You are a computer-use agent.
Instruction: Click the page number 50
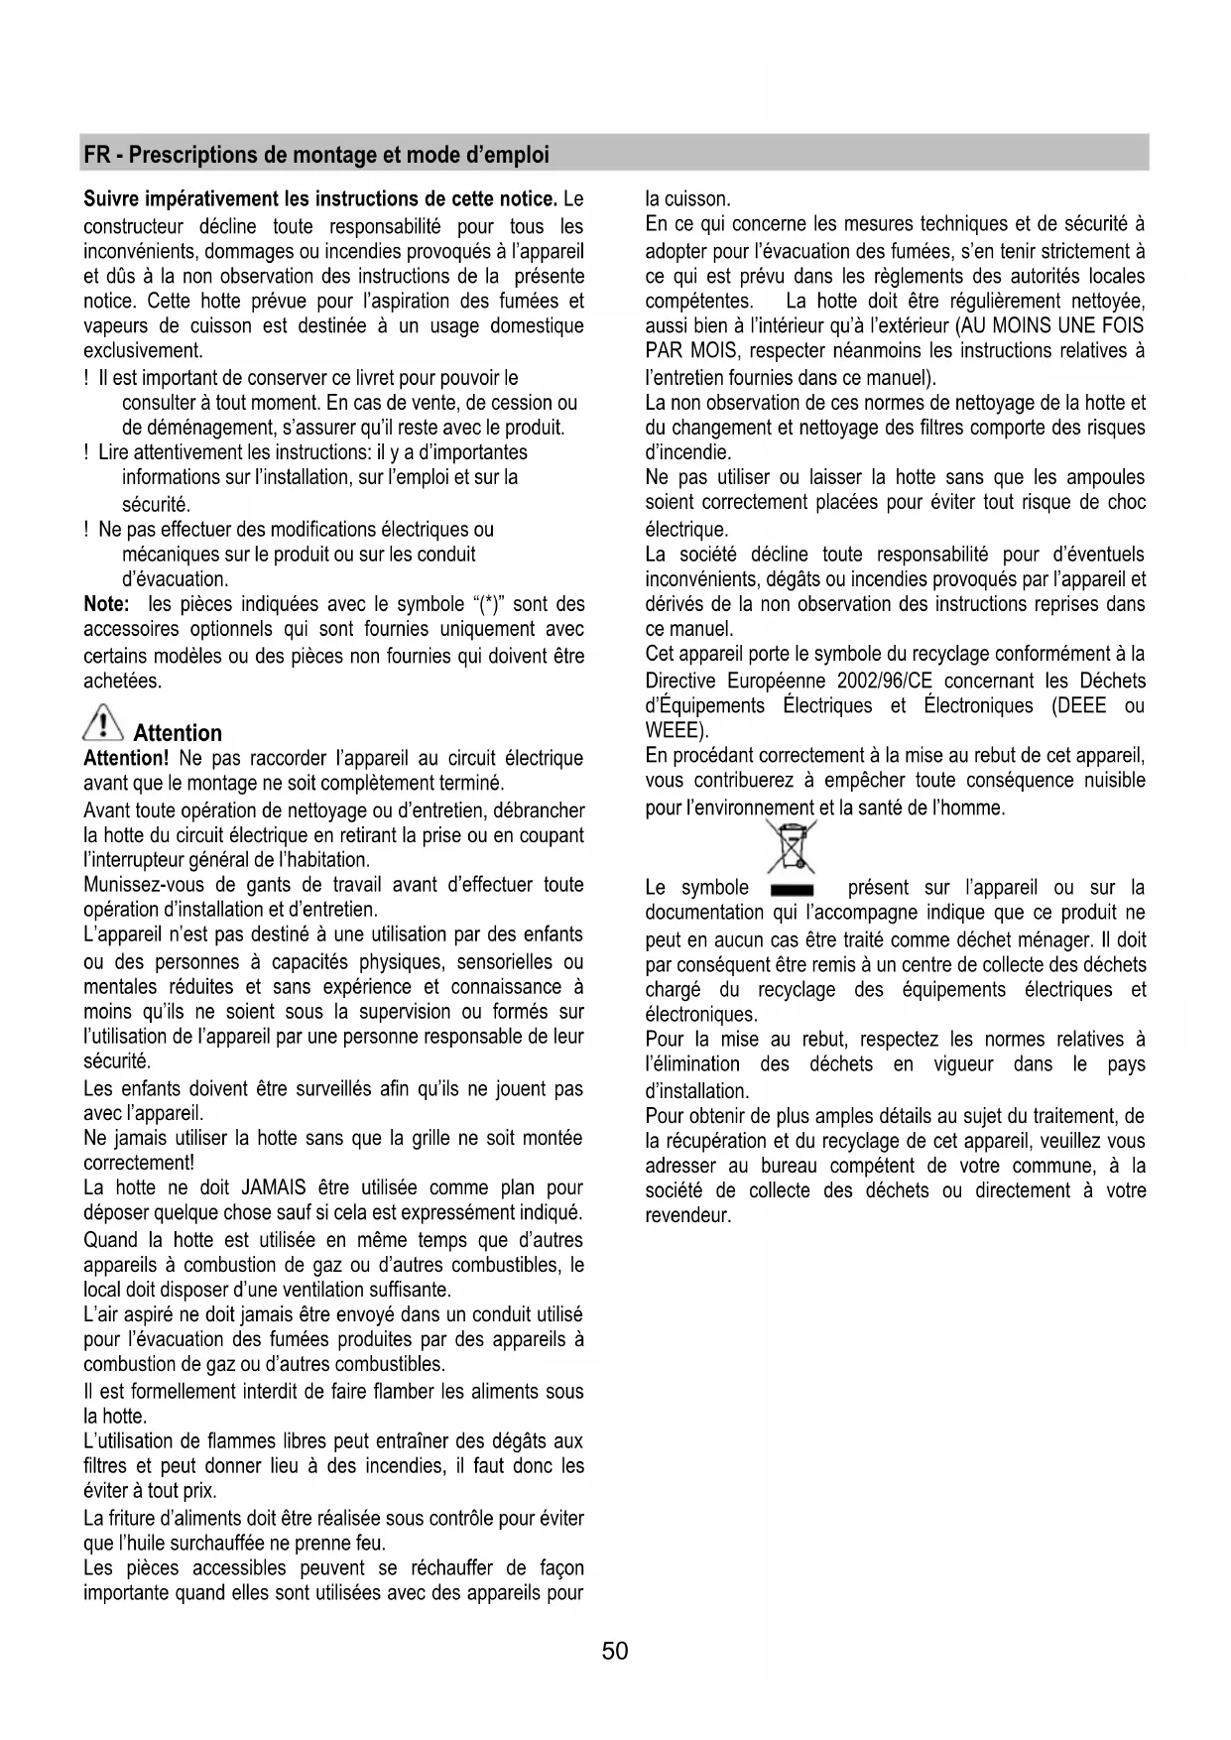click(x=615, y=1651)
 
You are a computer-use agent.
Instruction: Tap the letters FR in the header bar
click(x=96, y=155)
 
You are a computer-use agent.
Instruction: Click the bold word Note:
click(x=106, y=604)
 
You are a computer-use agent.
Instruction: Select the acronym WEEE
click(x=674, y=732)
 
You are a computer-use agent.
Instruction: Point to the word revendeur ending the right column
click(x=687, y=1216)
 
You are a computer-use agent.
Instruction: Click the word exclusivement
click(x=143, y=351)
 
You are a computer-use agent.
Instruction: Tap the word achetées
click(x=122, y=681)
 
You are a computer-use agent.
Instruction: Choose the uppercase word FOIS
click(x=1121, y=326)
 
